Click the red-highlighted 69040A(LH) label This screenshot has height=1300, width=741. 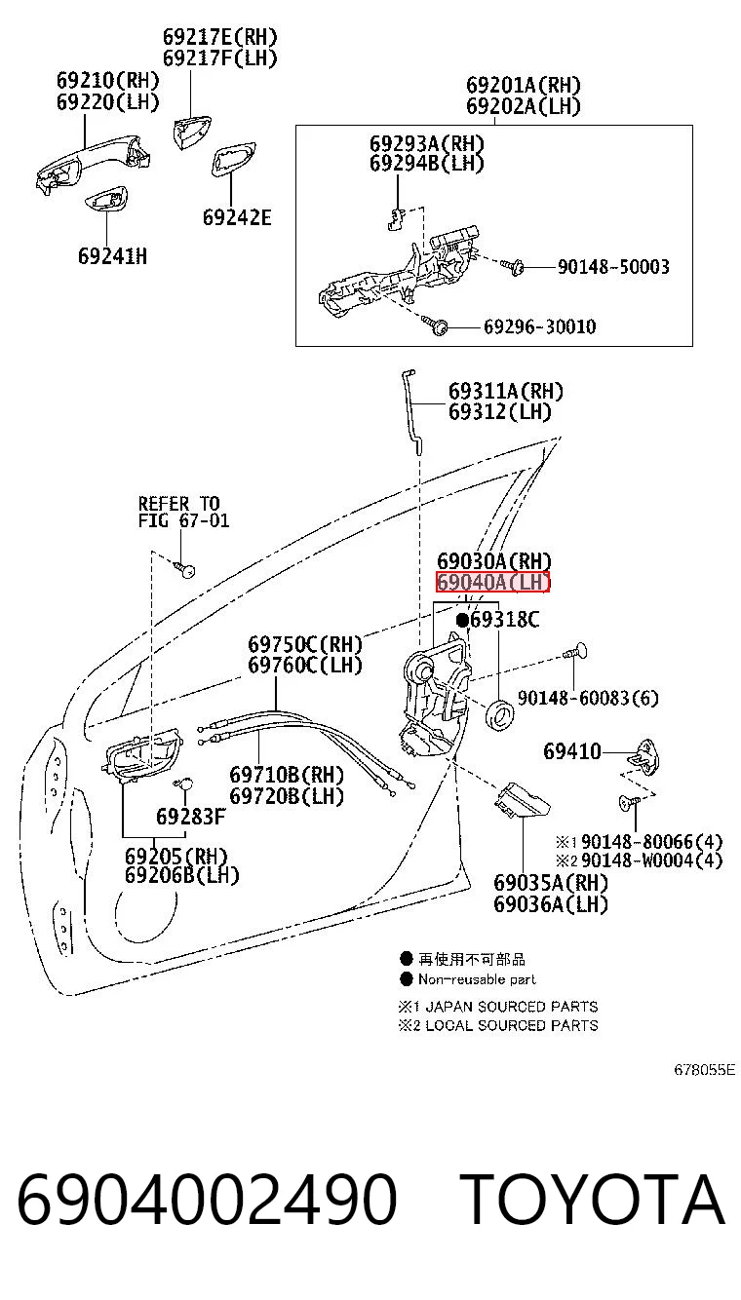pos(492,582)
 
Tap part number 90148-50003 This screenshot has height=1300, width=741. pos(613,267)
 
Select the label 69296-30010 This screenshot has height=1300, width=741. pos(539,326)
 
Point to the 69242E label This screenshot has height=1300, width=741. pos(237,217)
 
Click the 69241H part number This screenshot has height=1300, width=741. pos(113,256)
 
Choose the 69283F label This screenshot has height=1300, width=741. pos(190,817)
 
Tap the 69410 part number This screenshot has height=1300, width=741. pos(572,751)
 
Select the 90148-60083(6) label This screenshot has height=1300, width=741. pos(588,698)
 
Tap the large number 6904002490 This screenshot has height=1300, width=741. pos(207,1199)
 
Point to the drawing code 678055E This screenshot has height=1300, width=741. pos(704,1070)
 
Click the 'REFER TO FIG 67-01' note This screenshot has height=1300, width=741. pos(183,512)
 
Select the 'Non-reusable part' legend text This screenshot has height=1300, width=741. pos(477,979)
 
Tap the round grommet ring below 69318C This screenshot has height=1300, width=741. pos(499,713)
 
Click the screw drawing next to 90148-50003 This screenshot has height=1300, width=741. pos(512,266)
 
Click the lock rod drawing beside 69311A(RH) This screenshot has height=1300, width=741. pos(411,412)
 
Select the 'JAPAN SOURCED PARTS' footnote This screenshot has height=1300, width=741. pos(512,1007)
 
